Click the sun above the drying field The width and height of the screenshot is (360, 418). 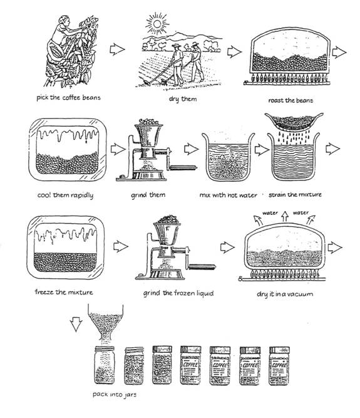pos(157,24)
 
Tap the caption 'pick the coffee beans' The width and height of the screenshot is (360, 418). pos(68,98)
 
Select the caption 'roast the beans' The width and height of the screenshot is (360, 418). pos(291,100)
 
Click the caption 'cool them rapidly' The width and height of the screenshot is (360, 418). pos(65,195)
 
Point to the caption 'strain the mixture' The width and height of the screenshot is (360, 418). pos(295,195)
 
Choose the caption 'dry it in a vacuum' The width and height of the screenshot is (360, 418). pos(285,294)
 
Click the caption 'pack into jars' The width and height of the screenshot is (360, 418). pos(115,395)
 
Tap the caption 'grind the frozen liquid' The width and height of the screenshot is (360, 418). pos(178,293)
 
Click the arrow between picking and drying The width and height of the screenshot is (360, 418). pos(117,50)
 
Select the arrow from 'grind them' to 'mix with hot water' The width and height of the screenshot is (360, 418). pos(192,149)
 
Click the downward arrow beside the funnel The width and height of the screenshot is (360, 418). pos(76,324)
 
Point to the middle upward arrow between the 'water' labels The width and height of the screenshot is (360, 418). pos(285,216)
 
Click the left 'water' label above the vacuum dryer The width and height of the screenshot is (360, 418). pos(270,212)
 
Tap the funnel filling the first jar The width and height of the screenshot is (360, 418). pos(105,322)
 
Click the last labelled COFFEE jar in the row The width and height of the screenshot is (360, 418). pos(279,366)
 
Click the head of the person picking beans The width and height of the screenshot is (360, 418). pos(64,20)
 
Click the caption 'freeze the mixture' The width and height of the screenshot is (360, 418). pos(64,292)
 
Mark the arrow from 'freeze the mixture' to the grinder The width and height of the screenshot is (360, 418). pos(121,246)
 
